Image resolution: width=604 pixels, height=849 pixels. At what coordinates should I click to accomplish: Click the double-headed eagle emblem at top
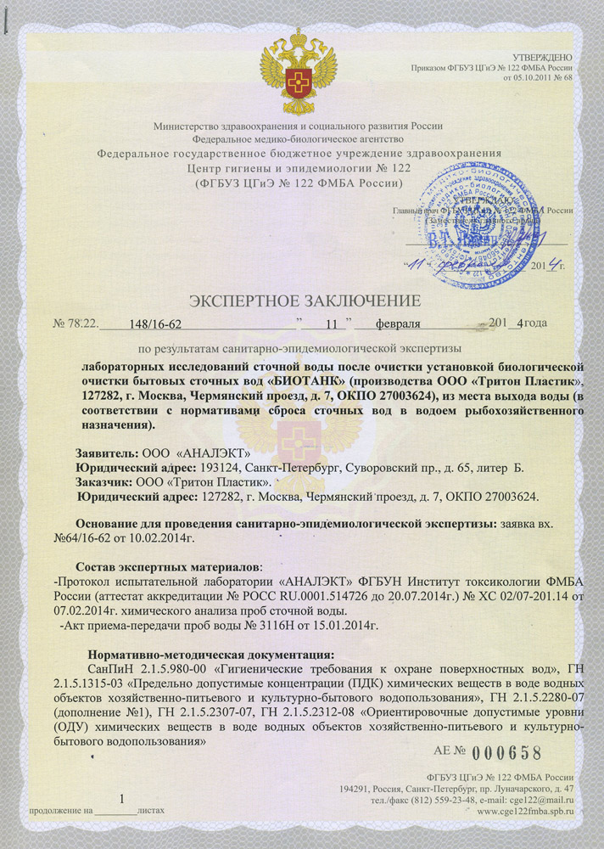[298, 68]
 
